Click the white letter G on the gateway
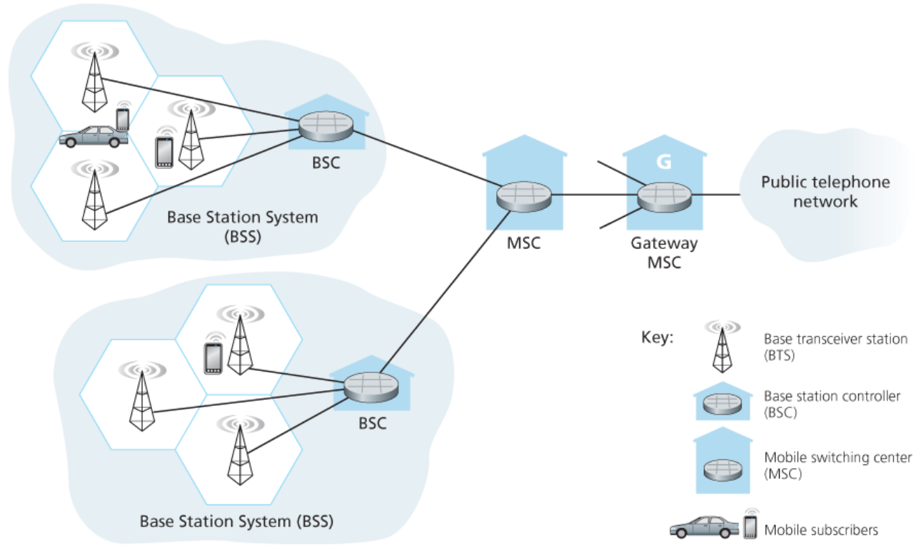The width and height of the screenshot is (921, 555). pyautogui.click(x=664, y=162)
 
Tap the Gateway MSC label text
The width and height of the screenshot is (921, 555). pyautogui.click(x=663, y=253)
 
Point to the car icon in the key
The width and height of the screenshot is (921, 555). pyautogui.click(x=703, y=528)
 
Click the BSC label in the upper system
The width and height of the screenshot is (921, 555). pyautogui.click(x=326, y=163)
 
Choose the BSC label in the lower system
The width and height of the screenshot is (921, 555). pyautogui.click(x=372, y=423)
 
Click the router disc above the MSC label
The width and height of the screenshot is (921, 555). pyautogui.click(x=524, y=194)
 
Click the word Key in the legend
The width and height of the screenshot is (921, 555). pyautogui.click(x=657, y=337)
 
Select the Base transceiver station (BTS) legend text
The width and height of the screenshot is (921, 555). pyautogui.click(x=835, y=346)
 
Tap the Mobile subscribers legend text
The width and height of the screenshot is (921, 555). pyautogui.click(x=820, y=530)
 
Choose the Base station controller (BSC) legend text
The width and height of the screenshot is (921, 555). pyautogui.click(x=832, y=403)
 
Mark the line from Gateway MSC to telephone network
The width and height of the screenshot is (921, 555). pyautogui.click(x=715, y=193)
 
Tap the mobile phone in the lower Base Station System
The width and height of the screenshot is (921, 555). pyautogui.click(x=213, y=358)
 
